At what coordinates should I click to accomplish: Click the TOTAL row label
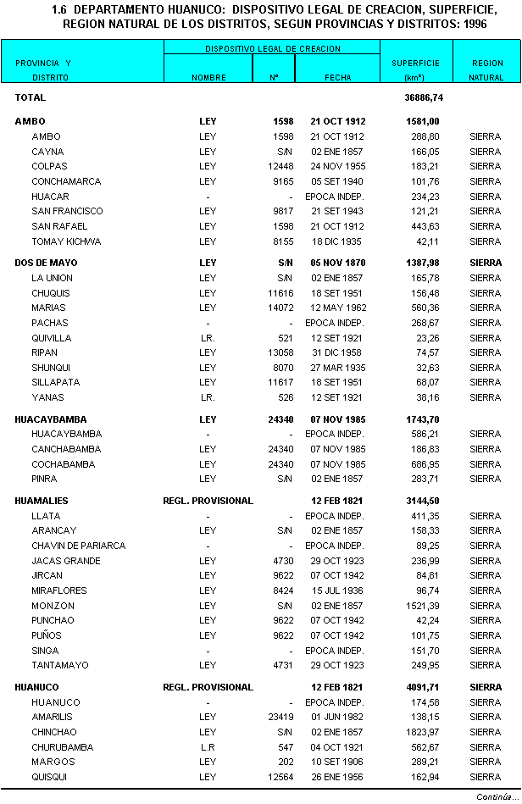(x=30, y=98)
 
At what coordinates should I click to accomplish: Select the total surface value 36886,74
(x=436, y=98)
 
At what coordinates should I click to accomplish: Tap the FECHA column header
(x=337, y=77)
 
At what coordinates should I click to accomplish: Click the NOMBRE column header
(x=208, y=77)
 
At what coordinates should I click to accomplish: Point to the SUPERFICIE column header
(x=415, y=64)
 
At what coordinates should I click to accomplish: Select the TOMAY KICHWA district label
(x=66, y=241)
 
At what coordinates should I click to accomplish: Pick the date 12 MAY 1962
(x=337, y=308)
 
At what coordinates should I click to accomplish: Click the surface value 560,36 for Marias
(x=426, y=308)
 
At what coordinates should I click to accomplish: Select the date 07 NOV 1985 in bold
(x=337, y=419)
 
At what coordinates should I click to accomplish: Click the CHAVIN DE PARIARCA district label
(x=78, y=546)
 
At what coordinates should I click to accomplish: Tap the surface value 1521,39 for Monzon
(x=423, y=606)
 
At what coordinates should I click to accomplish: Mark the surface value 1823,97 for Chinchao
(x=423, y=732)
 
